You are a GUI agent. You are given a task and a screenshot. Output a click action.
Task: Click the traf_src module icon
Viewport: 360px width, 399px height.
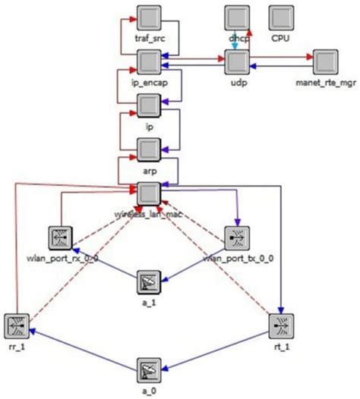[149, 17]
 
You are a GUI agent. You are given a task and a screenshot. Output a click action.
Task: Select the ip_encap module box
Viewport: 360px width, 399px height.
[149, 61]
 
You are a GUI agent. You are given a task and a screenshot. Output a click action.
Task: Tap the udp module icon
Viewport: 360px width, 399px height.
[237, 61]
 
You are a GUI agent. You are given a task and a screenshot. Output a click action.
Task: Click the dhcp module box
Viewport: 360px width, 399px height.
[237, 17]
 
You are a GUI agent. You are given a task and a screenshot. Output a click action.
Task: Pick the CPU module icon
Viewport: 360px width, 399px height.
[282, 17]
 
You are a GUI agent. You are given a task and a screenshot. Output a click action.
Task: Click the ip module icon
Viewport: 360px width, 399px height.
[149, 105]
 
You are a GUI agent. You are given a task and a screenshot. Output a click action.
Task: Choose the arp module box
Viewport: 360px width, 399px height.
[149, 149]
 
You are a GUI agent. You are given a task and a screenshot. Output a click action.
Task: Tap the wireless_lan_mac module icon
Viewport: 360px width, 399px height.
[149, 192]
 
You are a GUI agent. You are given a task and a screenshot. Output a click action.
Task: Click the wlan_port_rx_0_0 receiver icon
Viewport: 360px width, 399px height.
[59, 237]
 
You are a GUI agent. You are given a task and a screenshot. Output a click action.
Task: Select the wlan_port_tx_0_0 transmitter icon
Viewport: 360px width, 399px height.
[237, 237]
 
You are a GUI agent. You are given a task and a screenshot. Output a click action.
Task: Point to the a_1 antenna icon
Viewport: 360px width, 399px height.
[149, 282]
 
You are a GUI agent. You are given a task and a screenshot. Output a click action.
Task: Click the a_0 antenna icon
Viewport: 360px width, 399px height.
[149, 370]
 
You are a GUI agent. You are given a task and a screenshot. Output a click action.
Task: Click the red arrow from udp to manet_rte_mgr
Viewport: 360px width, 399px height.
[281, 57]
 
